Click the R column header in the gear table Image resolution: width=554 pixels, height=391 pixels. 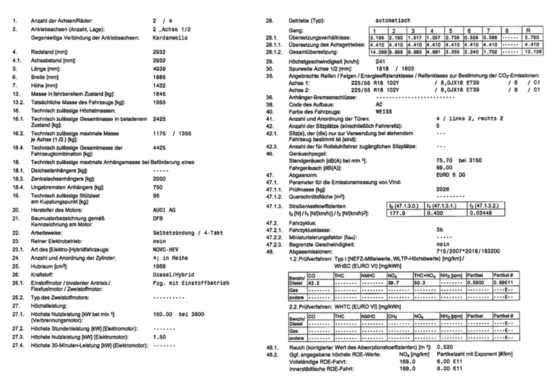(528, 30)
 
